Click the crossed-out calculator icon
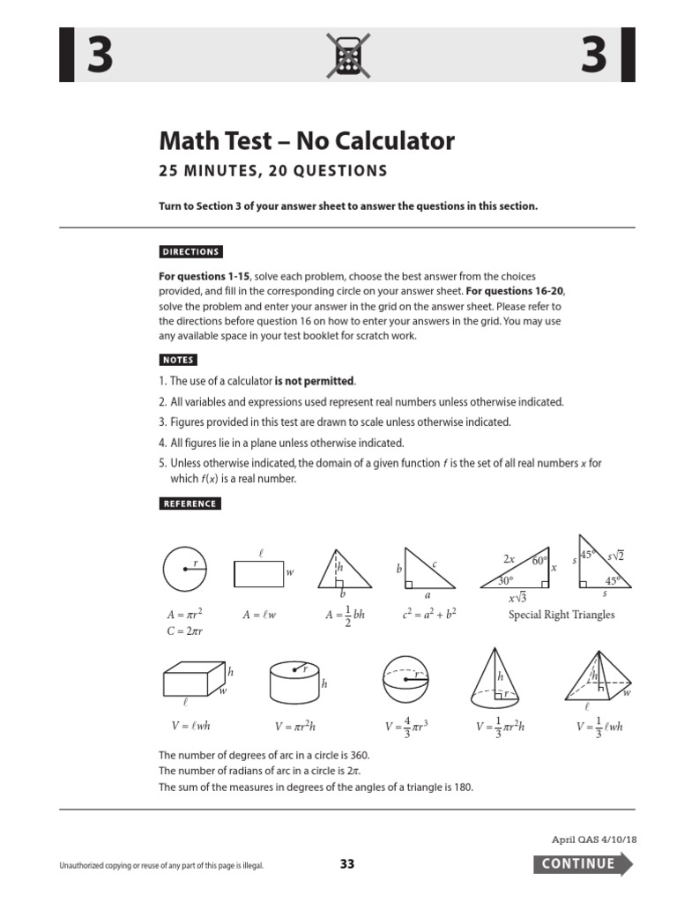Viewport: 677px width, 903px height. pos(346,56)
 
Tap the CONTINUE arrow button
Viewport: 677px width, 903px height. pos(582,863)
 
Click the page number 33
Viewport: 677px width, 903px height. pos(346,864)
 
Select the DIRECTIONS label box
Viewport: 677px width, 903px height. pos(190,251)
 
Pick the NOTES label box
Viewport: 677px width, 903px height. pos(178,360)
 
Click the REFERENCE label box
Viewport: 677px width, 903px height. pos(190,504)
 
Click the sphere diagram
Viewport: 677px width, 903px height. pos(406,682)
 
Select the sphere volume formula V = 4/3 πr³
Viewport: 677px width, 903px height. pos(406,728)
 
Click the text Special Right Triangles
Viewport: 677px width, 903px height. pos(562,615)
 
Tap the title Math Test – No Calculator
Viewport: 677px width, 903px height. pos(306,140)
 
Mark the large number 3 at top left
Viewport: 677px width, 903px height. pos(98,56)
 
